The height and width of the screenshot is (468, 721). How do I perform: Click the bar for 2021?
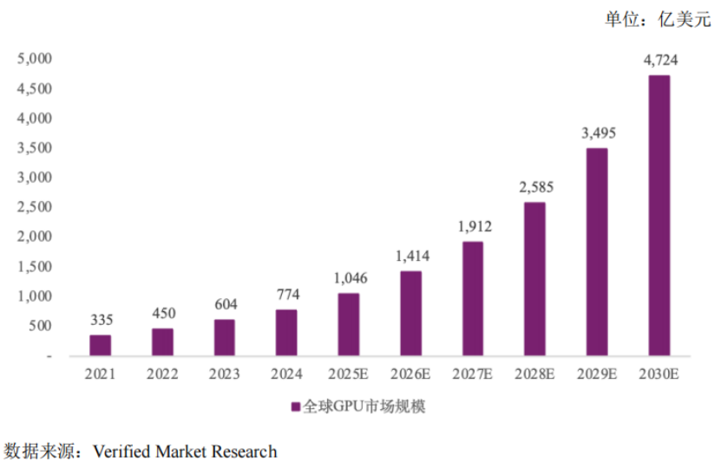coord(101,345)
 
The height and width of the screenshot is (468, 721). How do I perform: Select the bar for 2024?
coord(286,332)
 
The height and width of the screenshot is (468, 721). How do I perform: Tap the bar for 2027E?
coord(473,298)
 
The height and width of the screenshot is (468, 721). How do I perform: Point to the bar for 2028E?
coord(534,278)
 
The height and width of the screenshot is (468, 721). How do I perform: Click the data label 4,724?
coord(660,61)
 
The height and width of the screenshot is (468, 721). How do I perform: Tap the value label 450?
coord(162,314)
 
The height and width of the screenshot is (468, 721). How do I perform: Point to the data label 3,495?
coord(597,133)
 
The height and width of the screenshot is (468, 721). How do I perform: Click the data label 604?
coord(225,304)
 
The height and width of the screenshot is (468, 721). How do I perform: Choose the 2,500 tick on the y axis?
coord(36,207)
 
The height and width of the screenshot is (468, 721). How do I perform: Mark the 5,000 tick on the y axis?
coord(36,59)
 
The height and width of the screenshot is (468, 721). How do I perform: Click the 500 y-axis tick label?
coord(41,326)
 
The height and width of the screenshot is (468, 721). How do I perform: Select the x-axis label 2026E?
coord(410,374)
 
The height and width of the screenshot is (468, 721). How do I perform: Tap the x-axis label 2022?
coord(162,374)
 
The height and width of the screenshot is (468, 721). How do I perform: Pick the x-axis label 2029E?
coord(597,374)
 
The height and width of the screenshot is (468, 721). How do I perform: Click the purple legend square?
coord(295,406)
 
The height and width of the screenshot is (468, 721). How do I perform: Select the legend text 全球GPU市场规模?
coord(364,406)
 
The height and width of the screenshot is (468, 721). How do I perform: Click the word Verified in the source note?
coord(121,452)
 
